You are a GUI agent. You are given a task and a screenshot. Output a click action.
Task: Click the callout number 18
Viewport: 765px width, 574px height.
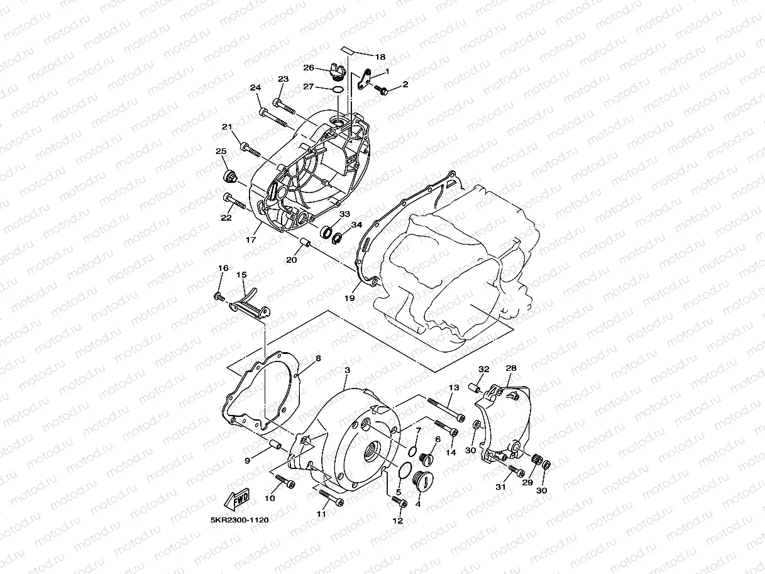click(x=381, y=56)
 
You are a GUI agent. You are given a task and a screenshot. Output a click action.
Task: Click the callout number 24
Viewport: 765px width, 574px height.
click(x=255, y=87)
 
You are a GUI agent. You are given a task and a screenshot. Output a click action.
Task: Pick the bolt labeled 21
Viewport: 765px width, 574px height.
click(x=250, y=149)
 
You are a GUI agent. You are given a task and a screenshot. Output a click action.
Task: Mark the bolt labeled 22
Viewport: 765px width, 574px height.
click(x=234, y=201)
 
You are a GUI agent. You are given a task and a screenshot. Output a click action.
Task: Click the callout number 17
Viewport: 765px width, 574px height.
click(x=251, y=240)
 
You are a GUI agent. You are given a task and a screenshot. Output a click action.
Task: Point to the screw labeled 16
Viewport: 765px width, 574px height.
click(x=219, y=295)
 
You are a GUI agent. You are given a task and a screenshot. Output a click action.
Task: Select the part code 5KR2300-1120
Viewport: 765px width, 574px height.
click(x=236, y=521)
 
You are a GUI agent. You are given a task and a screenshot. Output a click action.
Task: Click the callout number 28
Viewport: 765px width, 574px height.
click(x=510, y=368)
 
